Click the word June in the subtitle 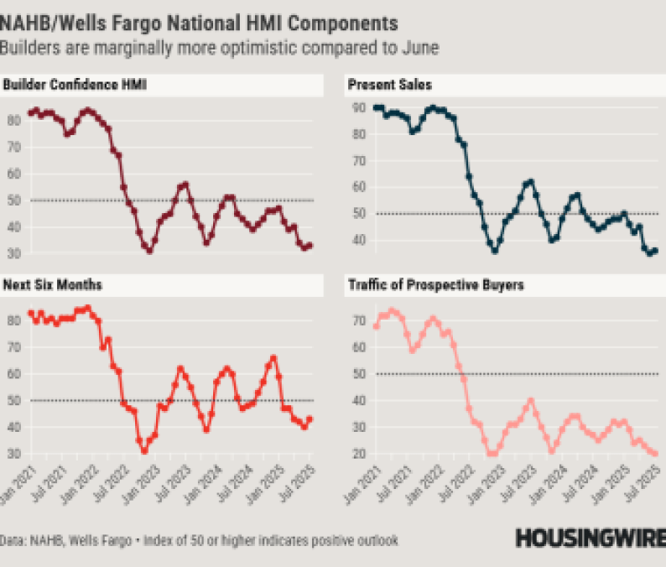419,47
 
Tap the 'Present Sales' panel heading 390,85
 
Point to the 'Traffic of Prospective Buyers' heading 435,285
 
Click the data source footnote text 199,540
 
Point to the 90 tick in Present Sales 356,108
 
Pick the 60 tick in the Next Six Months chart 12,373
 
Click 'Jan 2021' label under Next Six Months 18,488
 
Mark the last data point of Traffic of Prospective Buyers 654,454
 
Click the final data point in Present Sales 655,250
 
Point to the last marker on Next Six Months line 310,419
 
